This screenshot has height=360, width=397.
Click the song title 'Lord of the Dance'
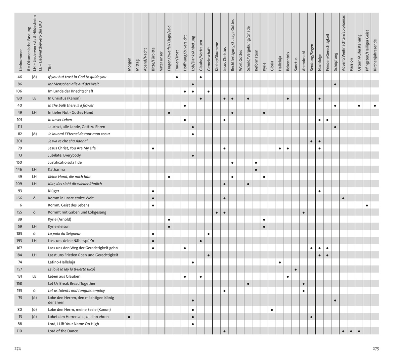tap(63, 331)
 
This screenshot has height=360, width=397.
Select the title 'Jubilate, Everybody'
tap(64, 155)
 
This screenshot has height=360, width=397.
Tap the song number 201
tap(19, 141)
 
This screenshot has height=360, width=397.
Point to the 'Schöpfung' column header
tap(335, 62)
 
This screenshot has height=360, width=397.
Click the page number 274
tap(18, 348)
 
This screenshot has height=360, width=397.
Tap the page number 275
tap(375, 348)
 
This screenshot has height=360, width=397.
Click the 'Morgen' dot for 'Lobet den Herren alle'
tap(129, 317)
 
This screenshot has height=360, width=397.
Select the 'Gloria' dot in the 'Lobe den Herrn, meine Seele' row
tap(272, 310)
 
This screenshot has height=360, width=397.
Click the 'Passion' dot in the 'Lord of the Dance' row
tap(351, 331)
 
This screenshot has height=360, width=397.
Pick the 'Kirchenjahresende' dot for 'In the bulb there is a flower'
tap(375, 106)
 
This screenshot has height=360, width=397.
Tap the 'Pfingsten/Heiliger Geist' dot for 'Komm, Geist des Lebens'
tap(367, 206)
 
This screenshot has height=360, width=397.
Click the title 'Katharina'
tap(56, 170)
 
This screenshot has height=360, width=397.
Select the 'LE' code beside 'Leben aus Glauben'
tap(34, 276)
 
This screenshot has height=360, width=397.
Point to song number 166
tap(19, 198)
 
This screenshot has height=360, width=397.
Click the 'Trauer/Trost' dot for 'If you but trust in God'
tap(177, 77)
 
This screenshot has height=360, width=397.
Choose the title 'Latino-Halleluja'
tap(62, 262)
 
